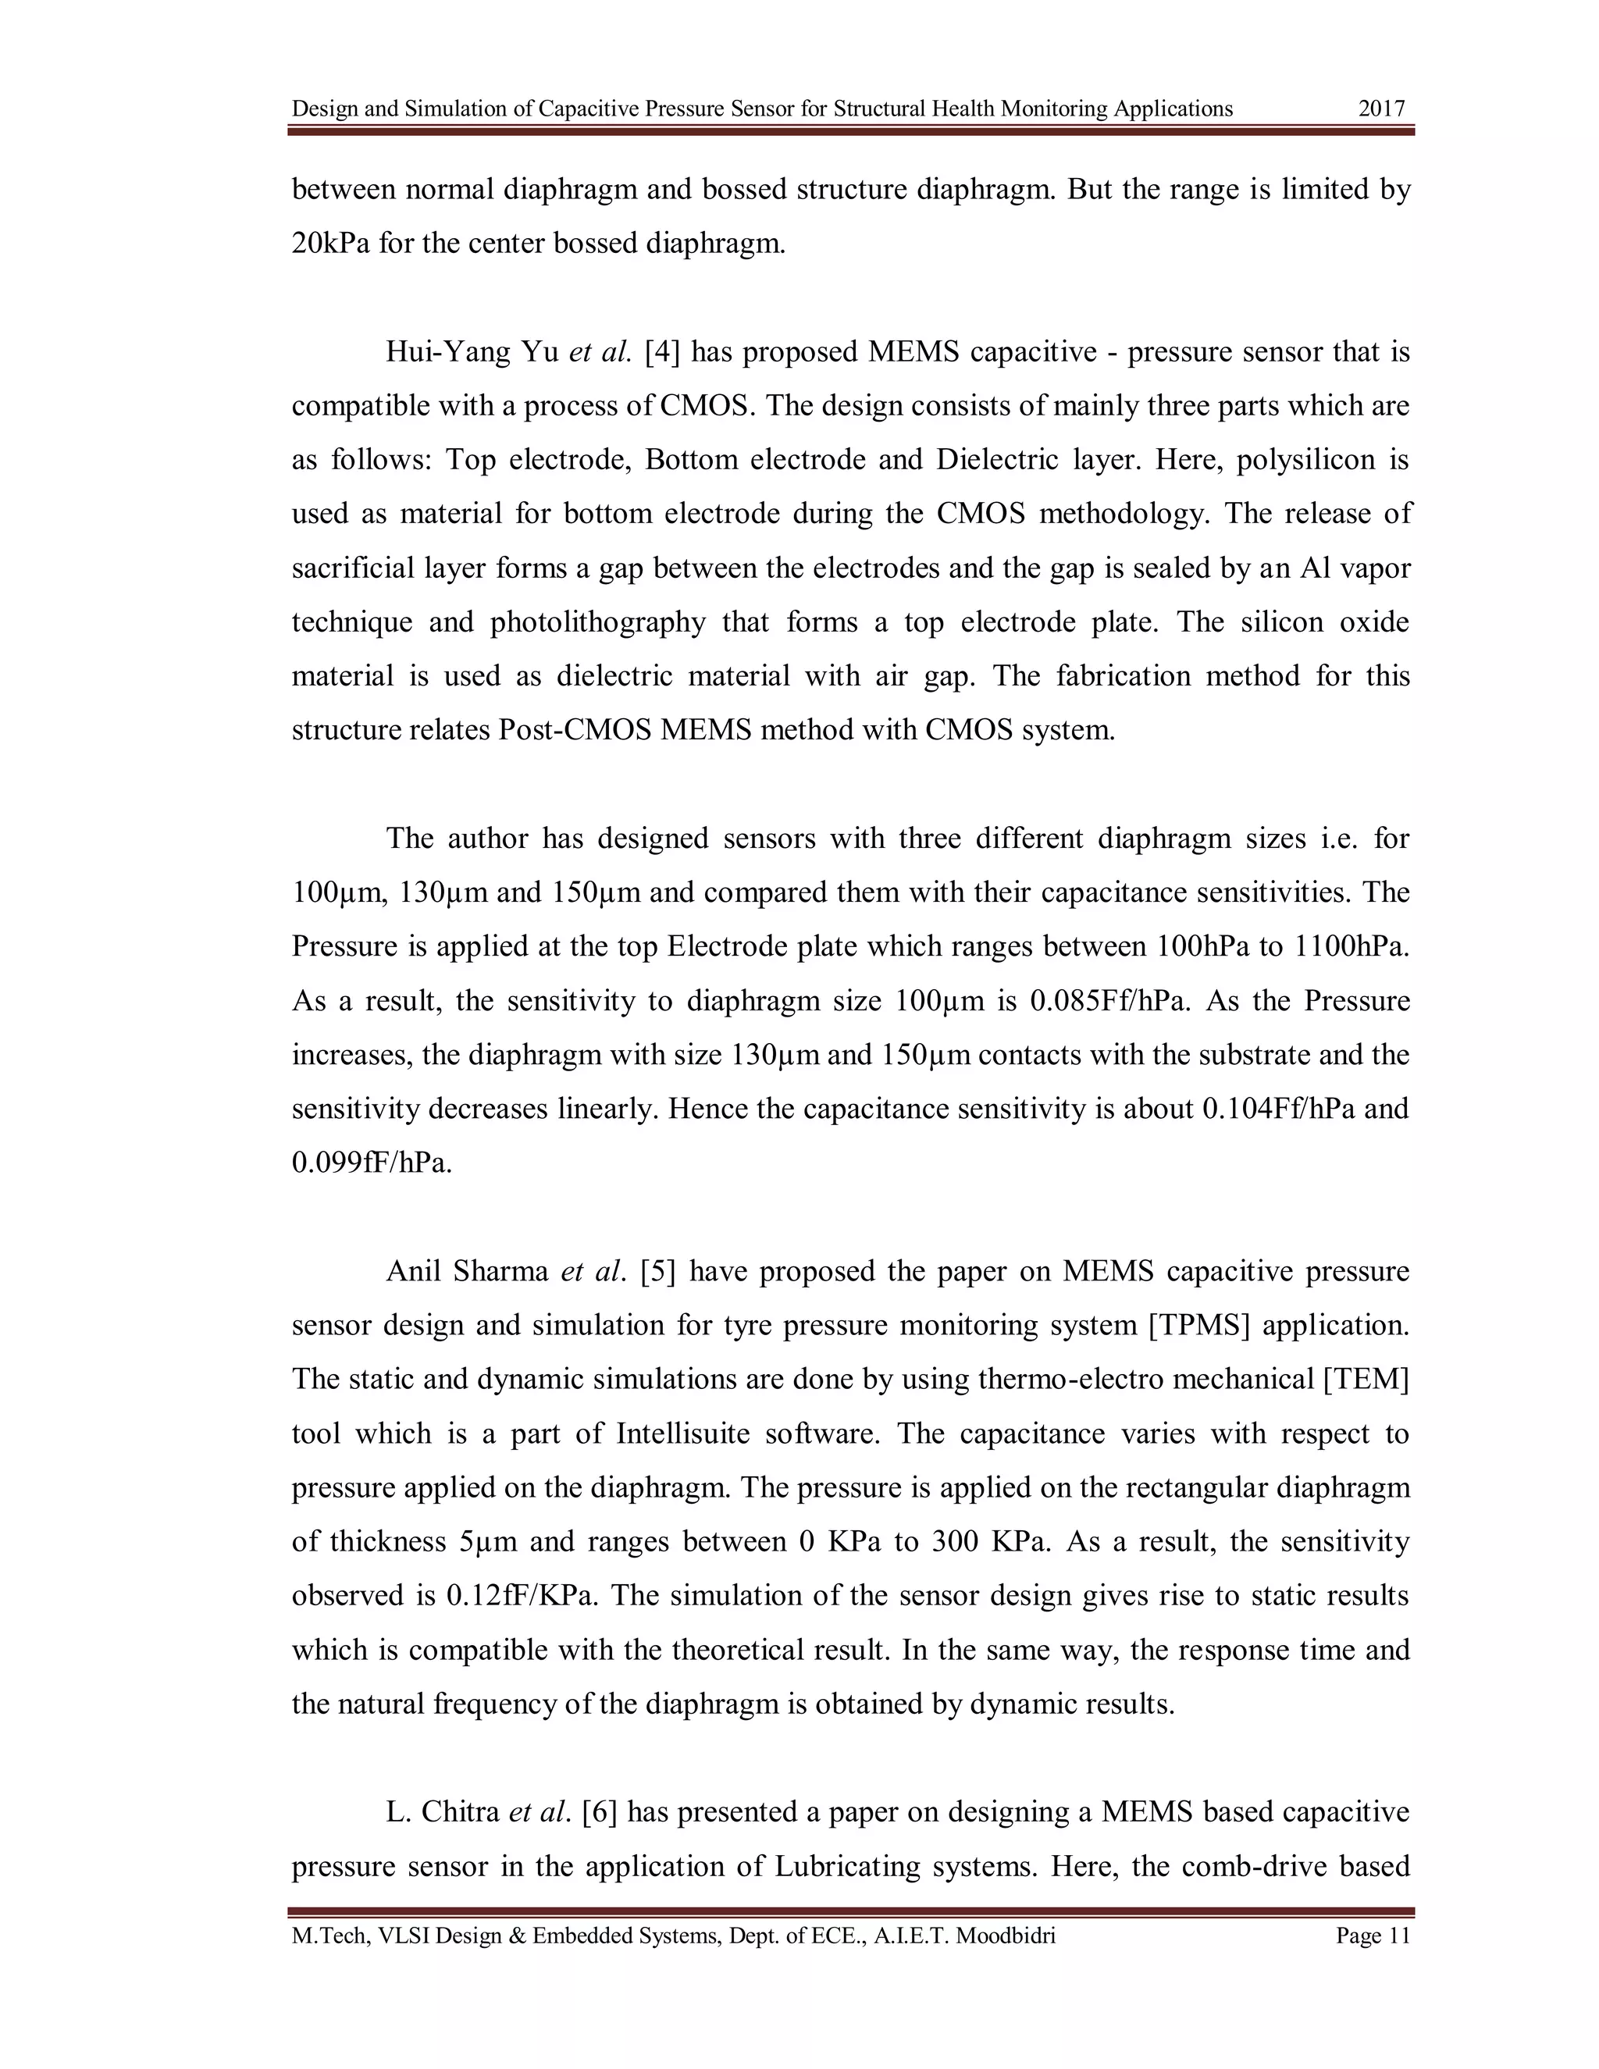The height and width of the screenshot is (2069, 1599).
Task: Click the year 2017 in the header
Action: pos(1381,109)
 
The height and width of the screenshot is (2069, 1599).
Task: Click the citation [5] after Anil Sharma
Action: pos(658,1271)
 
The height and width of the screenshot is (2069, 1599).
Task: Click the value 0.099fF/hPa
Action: pos(372,1163)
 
